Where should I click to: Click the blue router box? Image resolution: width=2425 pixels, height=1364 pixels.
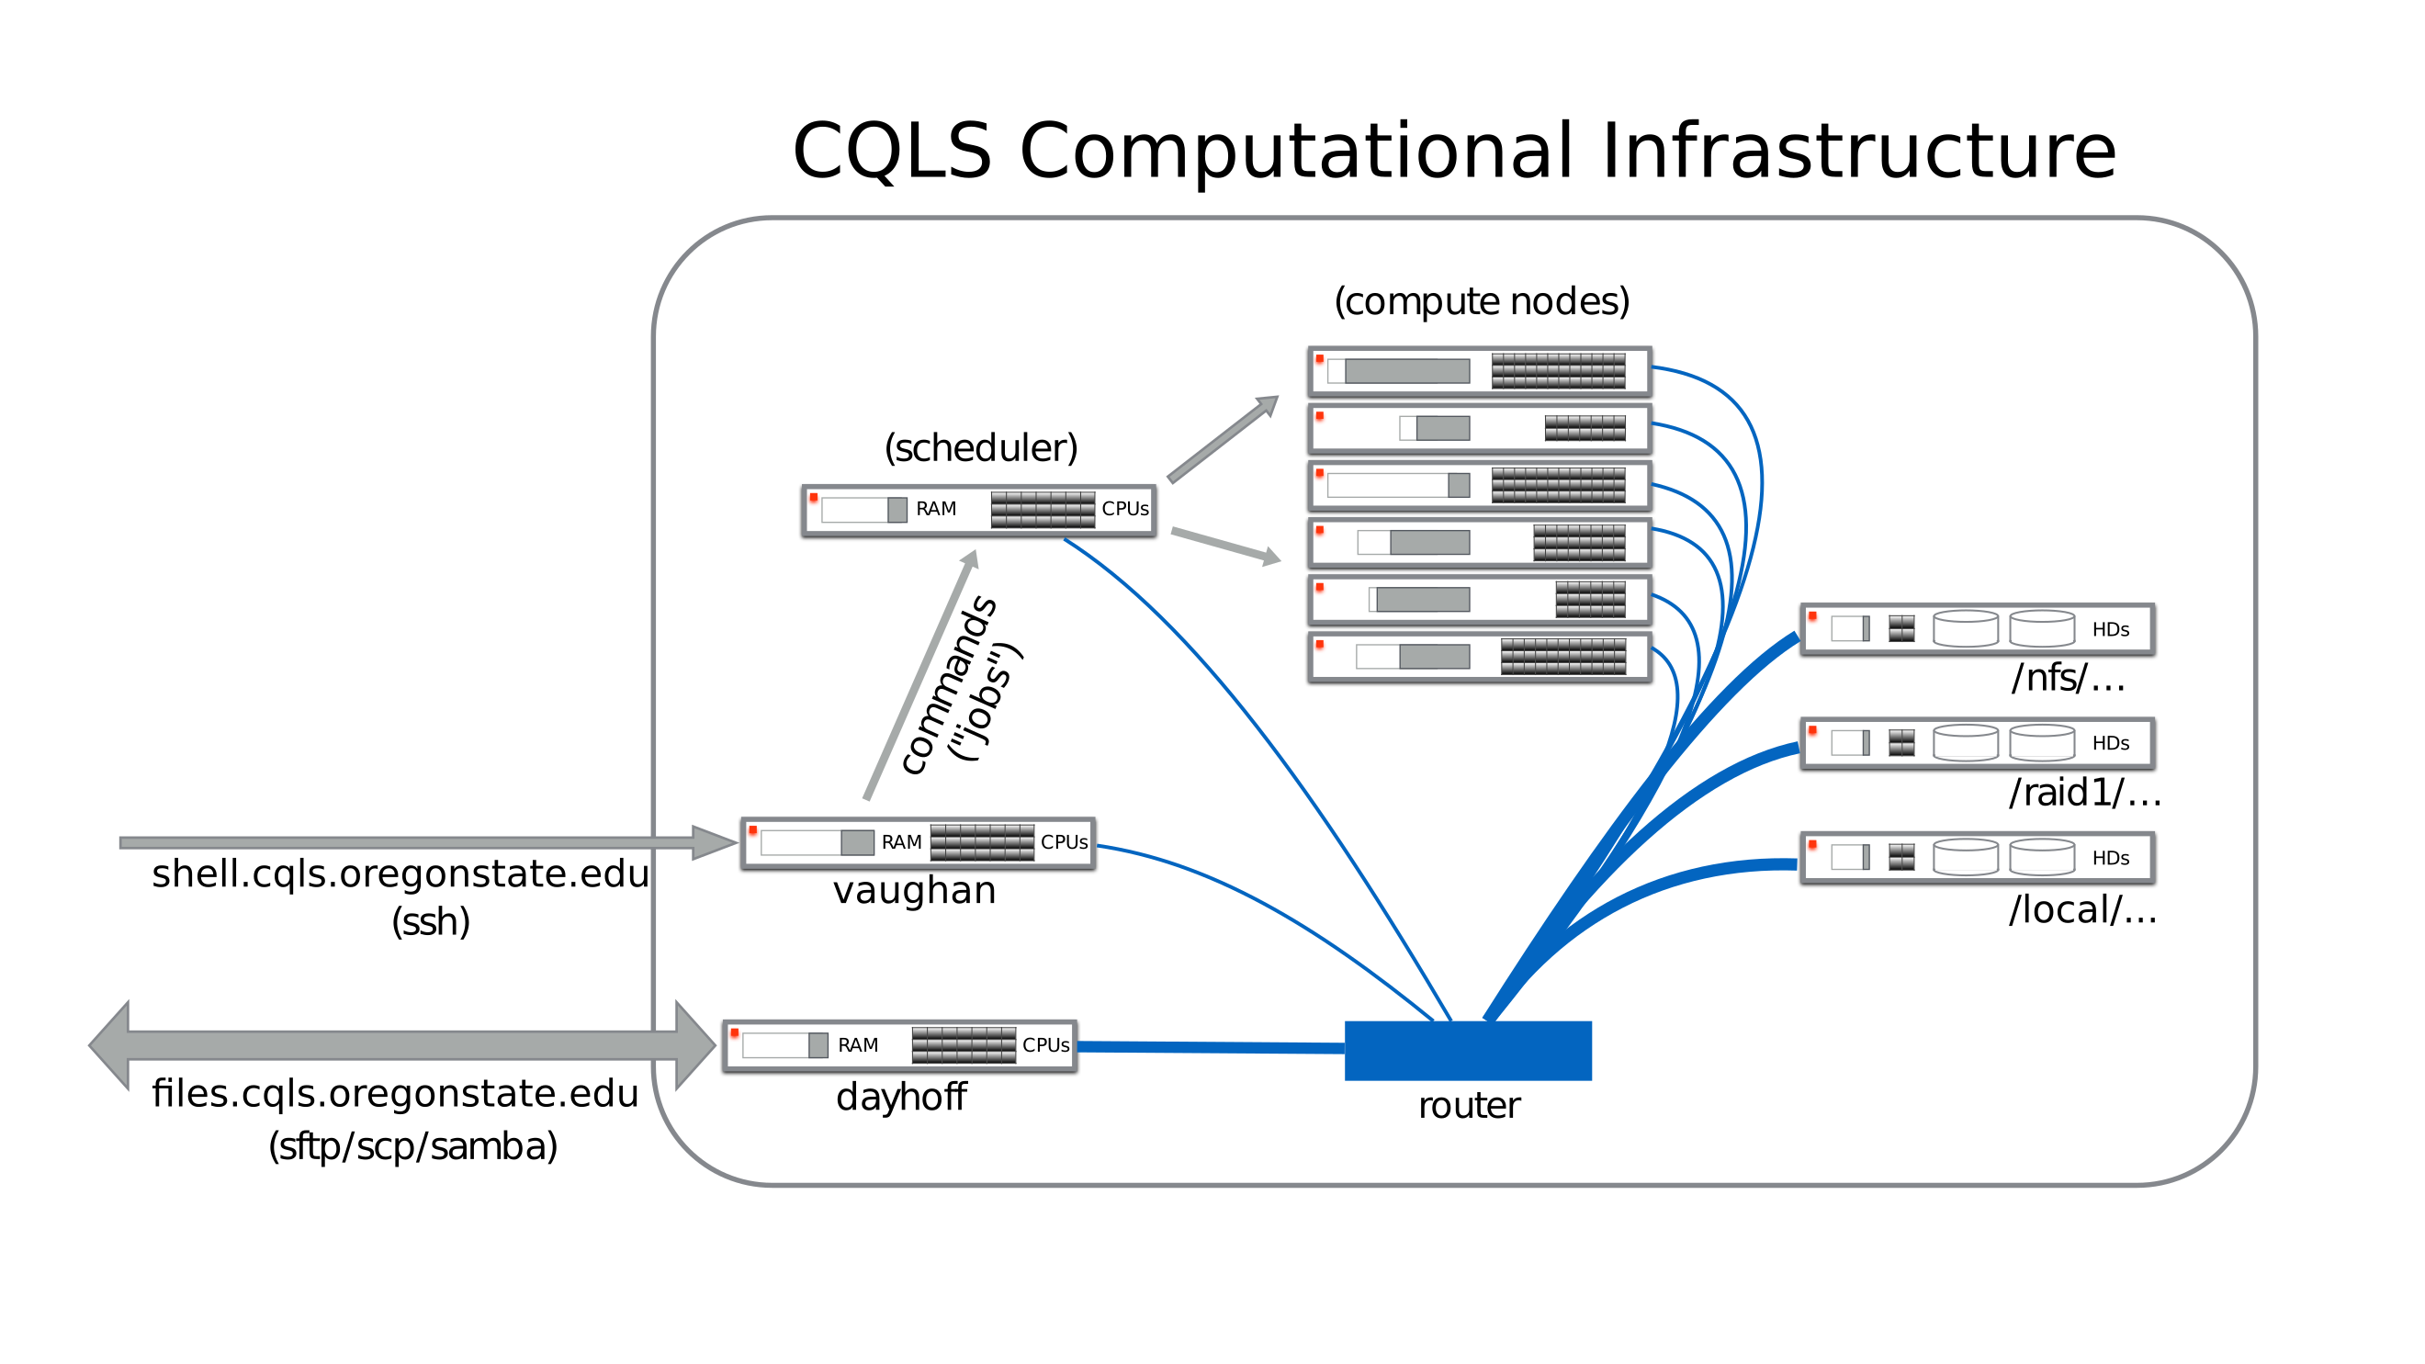click(1467, 1050)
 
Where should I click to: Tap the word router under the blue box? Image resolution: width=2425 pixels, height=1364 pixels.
click(1469, 1105)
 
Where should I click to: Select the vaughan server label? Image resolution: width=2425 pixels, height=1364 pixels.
click(914, 891)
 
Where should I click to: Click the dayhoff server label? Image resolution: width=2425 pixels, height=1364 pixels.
click(901, 1097)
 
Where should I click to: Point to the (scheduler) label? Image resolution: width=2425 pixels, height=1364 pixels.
click(980, 448)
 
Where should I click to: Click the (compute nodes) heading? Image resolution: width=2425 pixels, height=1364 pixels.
click(1481, 301)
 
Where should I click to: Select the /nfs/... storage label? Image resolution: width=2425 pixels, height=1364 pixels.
click(2068, 678)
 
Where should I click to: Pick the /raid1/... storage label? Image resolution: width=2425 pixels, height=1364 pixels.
click(2084, 793)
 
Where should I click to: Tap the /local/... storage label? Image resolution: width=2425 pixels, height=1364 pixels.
click(2082, 909)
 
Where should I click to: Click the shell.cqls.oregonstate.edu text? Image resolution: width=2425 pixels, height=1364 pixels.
click(400, 874)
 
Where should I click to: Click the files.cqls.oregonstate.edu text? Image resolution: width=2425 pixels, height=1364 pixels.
click(395, 1094)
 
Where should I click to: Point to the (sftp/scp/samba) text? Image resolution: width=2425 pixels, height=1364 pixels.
click(412, 1146)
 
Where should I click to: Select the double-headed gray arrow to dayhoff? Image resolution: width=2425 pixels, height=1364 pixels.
click(401, 1045)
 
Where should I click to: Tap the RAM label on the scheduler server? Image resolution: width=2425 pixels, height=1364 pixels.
click(936, 509)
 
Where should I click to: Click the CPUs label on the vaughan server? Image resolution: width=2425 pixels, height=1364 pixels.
click(1064, 842)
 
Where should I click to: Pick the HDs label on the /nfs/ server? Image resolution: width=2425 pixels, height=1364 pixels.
click(2110, 630)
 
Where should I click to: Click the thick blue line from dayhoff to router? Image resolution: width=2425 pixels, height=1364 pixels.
click(1210, 1047)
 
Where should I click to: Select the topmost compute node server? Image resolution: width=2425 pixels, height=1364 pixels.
click(1479, 372)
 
